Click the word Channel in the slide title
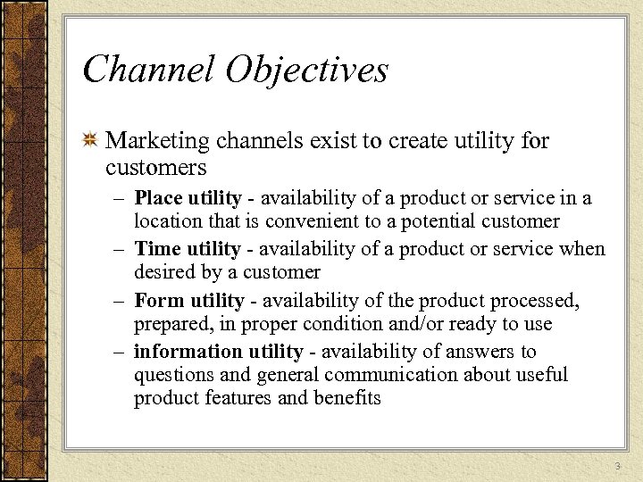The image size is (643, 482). [143, 70]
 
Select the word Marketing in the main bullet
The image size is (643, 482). [158, 141]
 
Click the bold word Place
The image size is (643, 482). [159, 198]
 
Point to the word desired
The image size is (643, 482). [163, 271]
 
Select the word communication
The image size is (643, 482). [371, 375]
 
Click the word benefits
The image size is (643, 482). [347, 398]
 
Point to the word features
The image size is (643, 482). [239, 398]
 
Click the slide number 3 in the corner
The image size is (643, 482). [617, 468]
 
